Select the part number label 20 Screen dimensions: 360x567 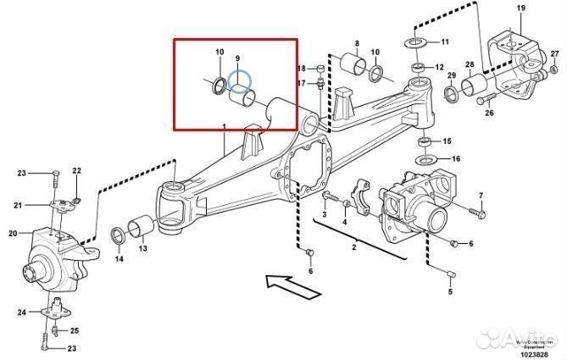tap(13, 234)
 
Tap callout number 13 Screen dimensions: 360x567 tap(142, 249)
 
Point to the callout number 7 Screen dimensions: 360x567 tap(481, 196)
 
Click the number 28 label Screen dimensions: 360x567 tap(469, 64)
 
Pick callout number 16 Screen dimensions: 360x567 tap(455, 158)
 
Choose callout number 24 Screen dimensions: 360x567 tap(21, 313)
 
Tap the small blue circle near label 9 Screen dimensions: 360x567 tap(243, 80)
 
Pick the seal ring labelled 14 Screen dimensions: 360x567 tap(120, 235)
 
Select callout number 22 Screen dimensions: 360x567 tap(75, 171)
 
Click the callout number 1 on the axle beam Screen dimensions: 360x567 tap(225, 128)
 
